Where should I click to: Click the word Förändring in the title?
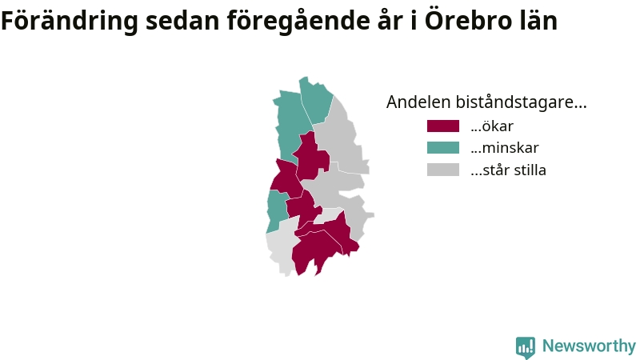click(70, 22)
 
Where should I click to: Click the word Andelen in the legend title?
click(418, 102)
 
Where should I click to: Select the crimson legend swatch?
click(443, 126)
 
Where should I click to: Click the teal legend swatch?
click(443, 148)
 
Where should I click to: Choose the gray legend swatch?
click(443, 170)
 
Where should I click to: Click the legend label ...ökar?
click(492, 126)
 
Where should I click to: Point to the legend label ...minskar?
click(505, 148)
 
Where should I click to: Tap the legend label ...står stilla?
click(508, 170)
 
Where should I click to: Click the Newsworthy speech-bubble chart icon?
click(526, 347)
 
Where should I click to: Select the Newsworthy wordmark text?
click(589, 346)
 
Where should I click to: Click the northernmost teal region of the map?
click(316, 100)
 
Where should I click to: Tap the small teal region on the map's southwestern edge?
click(276, 211)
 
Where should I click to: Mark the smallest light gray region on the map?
click(329, 215)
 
